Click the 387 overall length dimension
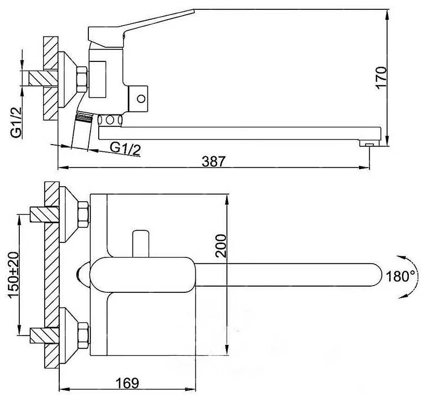click(x=214, y=161)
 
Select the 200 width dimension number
click(x=221, y=246)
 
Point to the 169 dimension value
click(x=127, y=383)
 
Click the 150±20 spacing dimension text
click(x=14, y=275)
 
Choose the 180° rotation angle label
click(x=401, y=276)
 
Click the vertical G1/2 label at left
click(x=16, y=122)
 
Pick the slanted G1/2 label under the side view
click(x=125, y=149)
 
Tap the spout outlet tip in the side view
click(x=369, y=143)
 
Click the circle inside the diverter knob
click(x=141, y=98)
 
